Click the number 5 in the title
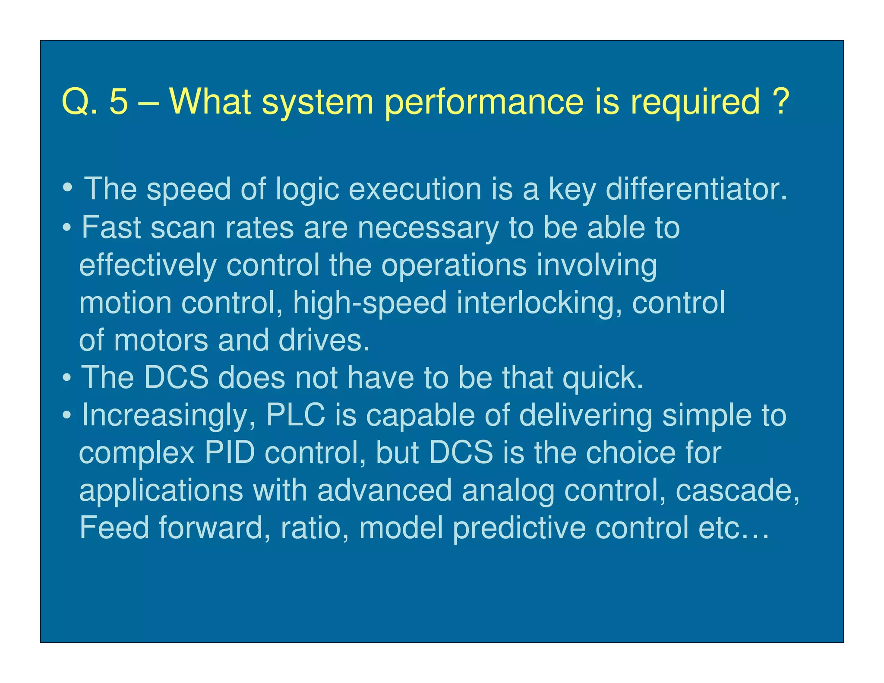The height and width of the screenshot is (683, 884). (119, 101)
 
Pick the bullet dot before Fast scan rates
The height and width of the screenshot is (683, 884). (67, 227)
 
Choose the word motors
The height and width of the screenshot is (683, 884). (161, 341)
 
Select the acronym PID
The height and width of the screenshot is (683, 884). (229, 453)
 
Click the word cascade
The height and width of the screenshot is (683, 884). (737, 490)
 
